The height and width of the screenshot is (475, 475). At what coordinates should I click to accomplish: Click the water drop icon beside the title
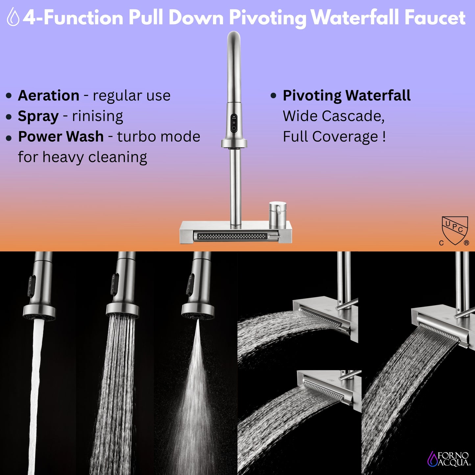pos(13,17)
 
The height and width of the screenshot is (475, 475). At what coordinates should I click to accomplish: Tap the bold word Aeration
pos(48,96)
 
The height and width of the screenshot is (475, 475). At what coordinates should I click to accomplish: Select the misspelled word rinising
pos(97,116)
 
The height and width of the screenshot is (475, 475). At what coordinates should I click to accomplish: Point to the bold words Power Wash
pos(61,137)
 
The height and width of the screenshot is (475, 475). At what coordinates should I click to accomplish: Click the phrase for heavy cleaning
pos(82,157)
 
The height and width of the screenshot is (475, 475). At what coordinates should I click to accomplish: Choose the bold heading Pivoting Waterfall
pos(346,96)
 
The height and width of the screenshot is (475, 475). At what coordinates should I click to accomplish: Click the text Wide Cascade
pos(333,116)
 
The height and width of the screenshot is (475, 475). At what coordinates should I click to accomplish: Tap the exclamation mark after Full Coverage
pos(384,137)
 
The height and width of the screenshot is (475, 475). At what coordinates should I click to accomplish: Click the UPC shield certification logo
pos(455,230)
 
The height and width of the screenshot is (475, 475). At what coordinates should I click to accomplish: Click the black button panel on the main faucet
pos(234,123)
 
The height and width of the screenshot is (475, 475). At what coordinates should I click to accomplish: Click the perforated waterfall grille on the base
pos(232,236)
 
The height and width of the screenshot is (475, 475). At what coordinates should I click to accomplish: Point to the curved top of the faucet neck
pos(234,38)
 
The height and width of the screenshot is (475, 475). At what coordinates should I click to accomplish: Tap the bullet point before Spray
pos(9,117)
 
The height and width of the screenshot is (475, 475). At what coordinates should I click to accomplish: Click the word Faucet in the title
pos(435,17)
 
